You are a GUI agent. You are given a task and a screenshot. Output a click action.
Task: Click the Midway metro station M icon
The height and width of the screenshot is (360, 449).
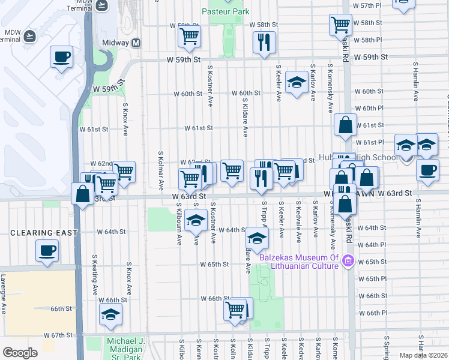(x=136, y=43)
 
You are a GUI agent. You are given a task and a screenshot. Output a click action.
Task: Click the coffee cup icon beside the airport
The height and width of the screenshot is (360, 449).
(x=61, y=57)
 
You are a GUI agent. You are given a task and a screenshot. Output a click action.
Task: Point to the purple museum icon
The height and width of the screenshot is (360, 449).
(x=348, y=260)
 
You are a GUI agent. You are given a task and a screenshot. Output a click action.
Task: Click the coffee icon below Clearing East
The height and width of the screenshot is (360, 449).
(x=47, y=250)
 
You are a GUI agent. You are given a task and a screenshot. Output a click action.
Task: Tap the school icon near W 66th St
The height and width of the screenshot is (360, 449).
(x=111, y=314)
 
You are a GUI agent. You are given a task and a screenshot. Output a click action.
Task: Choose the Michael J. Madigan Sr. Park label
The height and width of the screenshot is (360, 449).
(x=125, y=346)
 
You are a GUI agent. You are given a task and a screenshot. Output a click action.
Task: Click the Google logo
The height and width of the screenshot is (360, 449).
(x=20, y=353)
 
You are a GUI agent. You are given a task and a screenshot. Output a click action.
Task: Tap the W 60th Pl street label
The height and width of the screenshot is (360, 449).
(x=369, y=108)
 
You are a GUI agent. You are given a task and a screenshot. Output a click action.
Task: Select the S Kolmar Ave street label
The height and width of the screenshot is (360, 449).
(x=160, y=170)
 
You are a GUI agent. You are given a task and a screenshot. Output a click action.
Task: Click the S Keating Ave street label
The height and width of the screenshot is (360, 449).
(x=95, y=274)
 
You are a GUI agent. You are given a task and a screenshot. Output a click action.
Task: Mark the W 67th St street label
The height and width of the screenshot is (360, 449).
(x=58, y=335)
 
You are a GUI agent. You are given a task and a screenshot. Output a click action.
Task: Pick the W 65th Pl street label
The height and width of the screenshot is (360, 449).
(x=372, y=279)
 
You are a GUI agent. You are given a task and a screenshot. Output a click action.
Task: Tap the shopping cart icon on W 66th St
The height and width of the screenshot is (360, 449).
(x=235, y=310)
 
